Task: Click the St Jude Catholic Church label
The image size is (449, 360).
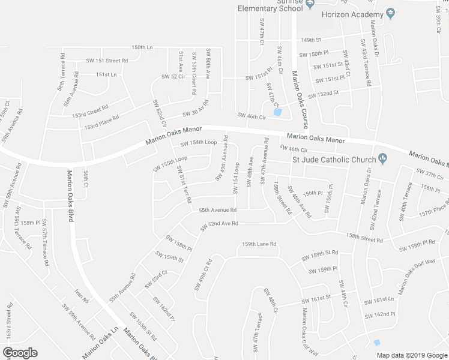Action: pyautogui.click(x=333, y=159)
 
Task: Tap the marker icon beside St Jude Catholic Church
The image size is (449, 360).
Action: pyautogui.click(x=382, y=159)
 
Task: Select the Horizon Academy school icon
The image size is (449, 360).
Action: pyautogui.click(x=391, y=13)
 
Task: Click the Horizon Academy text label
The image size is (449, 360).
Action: pyautogui.click(x=352, y=14)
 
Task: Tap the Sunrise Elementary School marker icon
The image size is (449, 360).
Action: pyautogui.click(x=310, y=5)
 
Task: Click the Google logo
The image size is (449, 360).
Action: pyautogui.click(x=20, y=353)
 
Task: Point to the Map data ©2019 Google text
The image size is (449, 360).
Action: pyautogui.click(x=412, y=355)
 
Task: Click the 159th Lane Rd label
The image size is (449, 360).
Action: pyautogui.click(x=259, y=244)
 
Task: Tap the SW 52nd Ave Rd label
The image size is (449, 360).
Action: pyautogui.click(x=215, y=224)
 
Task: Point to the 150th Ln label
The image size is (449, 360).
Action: pyautogui.click(x=142, y=47)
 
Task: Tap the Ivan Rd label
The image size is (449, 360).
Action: pyautogui.click(x=82, y=296)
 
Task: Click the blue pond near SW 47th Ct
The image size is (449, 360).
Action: pyautogui.click(x=277, y=112)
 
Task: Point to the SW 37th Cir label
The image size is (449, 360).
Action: pyautogui.click(x=430, y=174)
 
